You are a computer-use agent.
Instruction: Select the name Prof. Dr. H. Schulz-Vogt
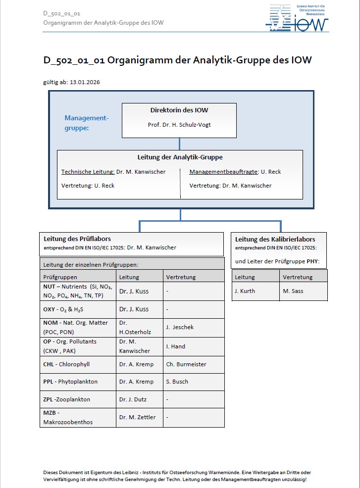point(179,125)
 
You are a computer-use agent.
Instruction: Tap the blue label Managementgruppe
point(86,122)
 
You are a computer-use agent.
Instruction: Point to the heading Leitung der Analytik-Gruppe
point(180,157)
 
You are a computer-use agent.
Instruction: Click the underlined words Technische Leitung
point(87,172)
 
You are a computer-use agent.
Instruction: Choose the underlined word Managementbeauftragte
point(223,172)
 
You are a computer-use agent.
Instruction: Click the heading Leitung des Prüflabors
point(77,239)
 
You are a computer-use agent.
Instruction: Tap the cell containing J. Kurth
point(245,291)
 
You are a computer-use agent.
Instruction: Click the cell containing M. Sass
point(293,291)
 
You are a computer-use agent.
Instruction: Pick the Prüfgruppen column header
point(60,277)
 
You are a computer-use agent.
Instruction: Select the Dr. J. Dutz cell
point(133,399)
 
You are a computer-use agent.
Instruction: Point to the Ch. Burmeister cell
point(186,364)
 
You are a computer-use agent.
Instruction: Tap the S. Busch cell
point(177,382)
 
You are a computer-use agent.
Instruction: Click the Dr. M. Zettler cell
point(137,417)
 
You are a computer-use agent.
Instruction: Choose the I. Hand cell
point(176,346)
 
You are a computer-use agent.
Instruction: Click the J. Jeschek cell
point(180,327)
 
